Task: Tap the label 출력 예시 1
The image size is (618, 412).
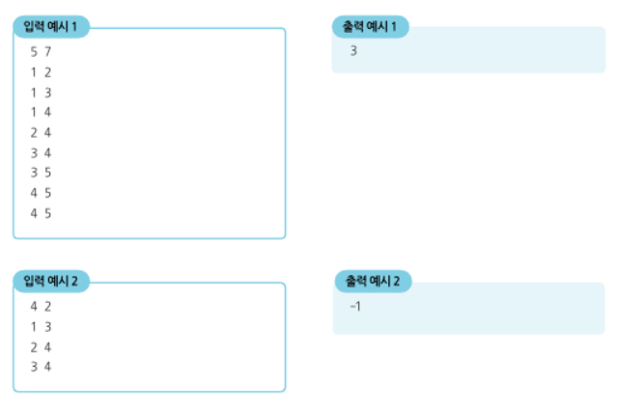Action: [370, 27]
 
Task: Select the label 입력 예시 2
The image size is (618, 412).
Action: [50, 281]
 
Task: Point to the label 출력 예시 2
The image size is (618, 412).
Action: [373, 281]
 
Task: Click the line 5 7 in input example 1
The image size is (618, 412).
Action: [40, 51]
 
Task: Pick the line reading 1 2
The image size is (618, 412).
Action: [40, 71]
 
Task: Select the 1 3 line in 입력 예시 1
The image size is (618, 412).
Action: [40, 92]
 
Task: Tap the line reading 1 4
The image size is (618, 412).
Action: [40, 112]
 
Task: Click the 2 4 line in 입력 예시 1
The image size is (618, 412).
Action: [40, 132]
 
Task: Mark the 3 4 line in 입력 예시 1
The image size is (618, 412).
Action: [40, 152]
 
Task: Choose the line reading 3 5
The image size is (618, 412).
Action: [40, 173]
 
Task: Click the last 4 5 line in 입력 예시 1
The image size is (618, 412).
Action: [40, 213]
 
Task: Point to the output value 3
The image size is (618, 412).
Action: [354, 51]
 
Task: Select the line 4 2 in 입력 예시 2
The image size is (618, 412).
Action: [40, 306]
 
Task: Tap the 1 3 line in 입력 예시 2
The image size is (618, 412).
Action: [40, 326]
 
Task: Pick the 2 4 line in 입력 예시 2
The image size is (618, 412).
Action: [40, 346]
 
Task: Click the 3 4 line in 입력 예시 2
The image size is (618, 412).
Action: [40, 367]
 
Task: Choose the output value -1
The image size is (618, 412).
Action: [355, 306]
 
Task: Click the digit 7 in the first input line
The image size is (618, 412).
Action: [46, 51]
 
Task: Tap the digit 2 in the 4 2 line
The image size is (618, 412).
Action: [46, 306]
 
